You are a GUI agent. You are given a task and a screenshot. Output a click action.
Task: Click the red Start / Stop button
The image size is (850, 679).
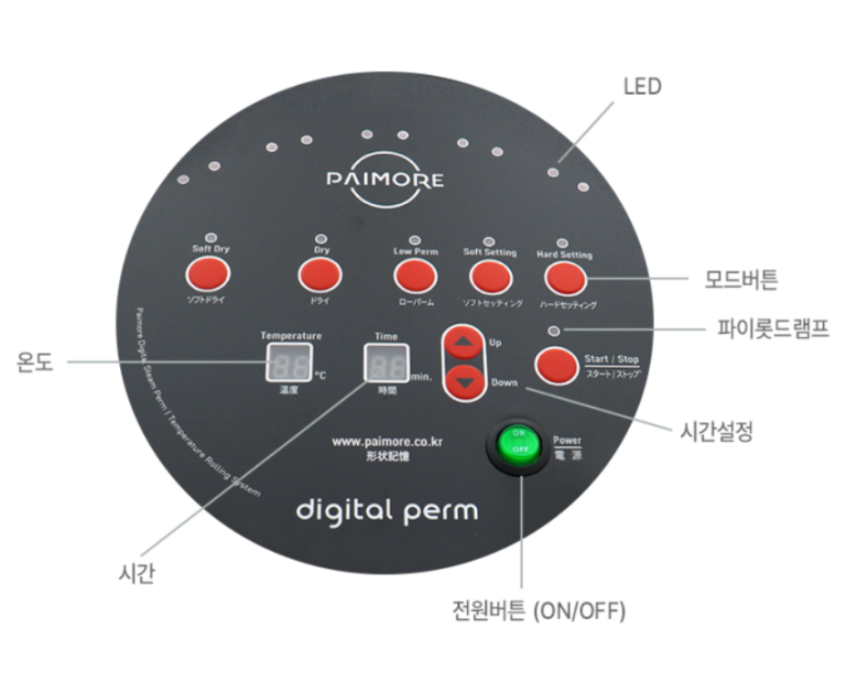click(x=557, y=365)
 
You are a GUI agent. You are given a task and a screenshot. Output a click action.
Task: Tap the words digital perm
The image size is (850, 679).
click(x=387, y=511)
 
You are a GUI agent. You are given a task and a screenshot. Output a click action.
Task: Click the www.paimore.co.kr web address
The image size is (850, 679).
click(x=388, y=441)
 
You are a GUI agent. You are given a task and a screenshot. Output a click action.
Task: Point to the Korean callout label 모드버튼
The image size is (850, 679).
click(x=741, y=279)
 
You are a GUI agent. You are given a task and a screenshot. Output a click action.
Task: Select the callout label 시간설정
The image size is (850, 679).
click(x=712, y=432)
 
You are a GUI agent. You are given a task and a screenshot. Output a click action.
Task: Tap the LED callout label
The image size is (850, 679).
click(x=642, y=87)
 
